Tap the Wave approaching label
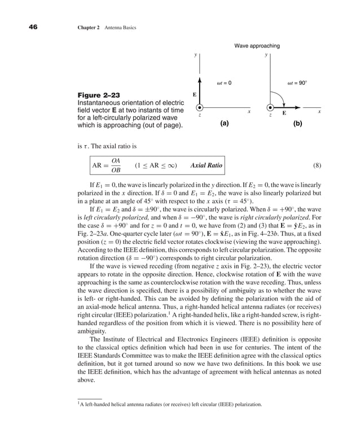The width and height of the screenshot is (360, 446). click(257, 45)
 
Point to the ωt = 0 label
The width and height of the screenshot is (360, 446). click(224, 82)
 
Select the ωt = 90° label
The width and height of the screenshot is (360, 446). click(297, 82)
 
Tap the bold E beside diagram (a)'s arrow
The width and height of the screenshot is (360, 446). click(195, 95)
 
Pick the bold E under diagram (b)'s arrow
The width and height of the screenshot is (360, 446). click(284, 113)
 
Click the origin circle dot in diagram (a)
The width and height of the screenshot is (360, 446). click(199, 107)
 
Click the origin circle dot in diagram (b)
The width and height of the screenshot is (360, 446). click(270, 107)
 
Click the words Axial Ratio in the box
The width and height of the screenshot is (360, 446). click(206, 166)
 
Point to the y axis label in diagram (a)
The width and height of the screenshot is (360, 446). click(195, 55)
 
